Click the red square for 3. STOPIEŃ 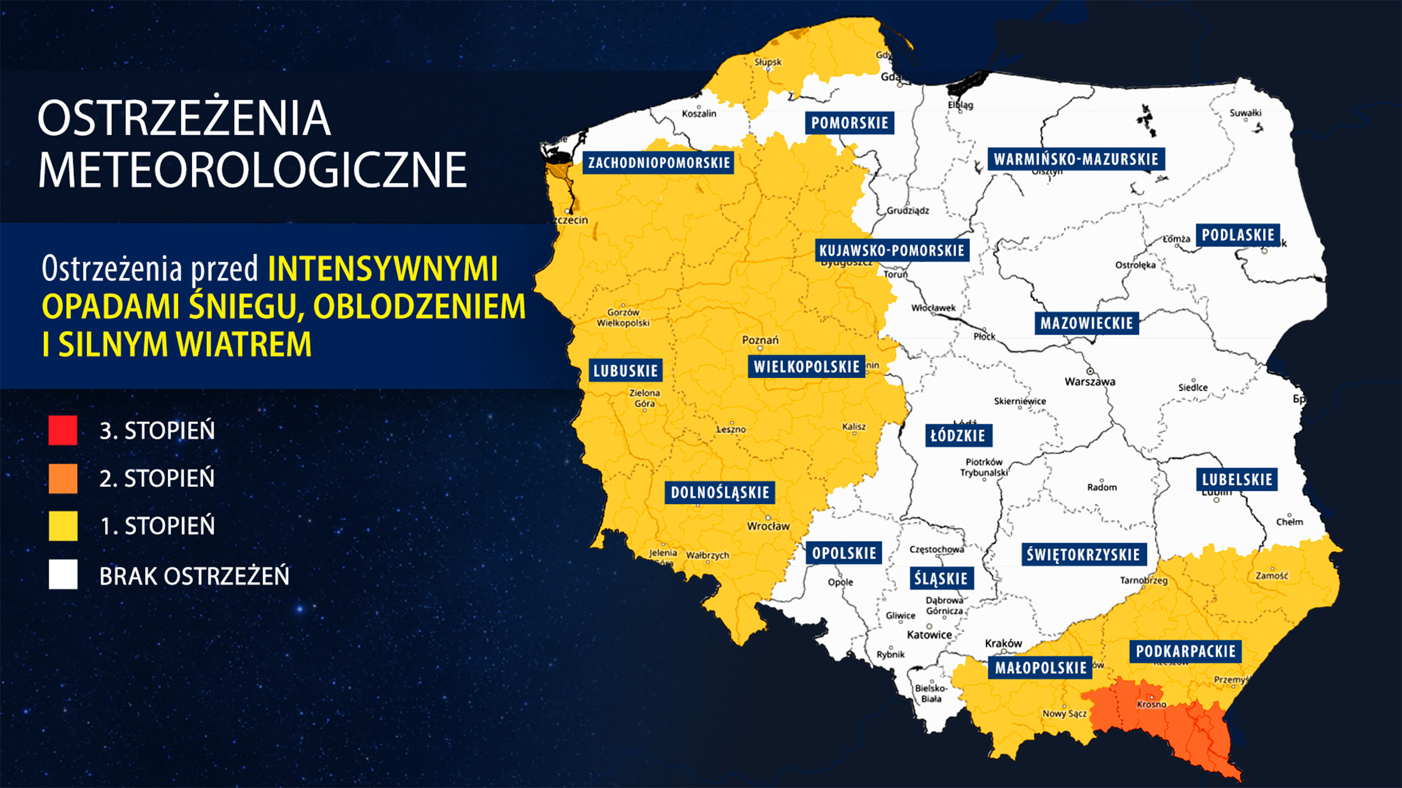[x=63, y=430]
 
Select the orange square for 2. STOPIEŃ [x=63, y=478]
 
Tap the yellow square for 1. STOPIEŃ [x=63, y=525]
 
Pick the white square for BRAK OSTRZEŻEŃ [x=63, y=574]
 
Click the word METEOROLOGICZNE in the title [x=253, y=169]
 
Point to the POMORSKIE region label [x=849, y=123]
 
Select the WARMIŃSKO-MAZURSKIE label [x=1076, y=159]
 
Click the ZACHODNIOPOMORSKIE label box [x=659, y=163]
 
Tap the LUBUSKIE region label [x=626, y=371]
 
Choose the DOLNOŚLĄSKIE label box [x=720, y=493]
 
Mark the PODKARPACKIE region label [x=1185, y=651]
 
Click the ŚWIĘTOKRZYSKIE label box [x=1083, y=554]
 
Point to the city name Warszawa [x=1089, y=381]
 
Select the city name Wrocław [x=768, y=526]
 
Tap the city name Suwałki [x=1245, y=113]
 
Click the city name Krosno [x=1151, y=704]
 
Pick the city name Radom [x=1101, y=487]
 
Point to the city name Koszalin [x=699, y=113]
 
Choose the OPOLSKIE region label [x=844, y=553]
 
